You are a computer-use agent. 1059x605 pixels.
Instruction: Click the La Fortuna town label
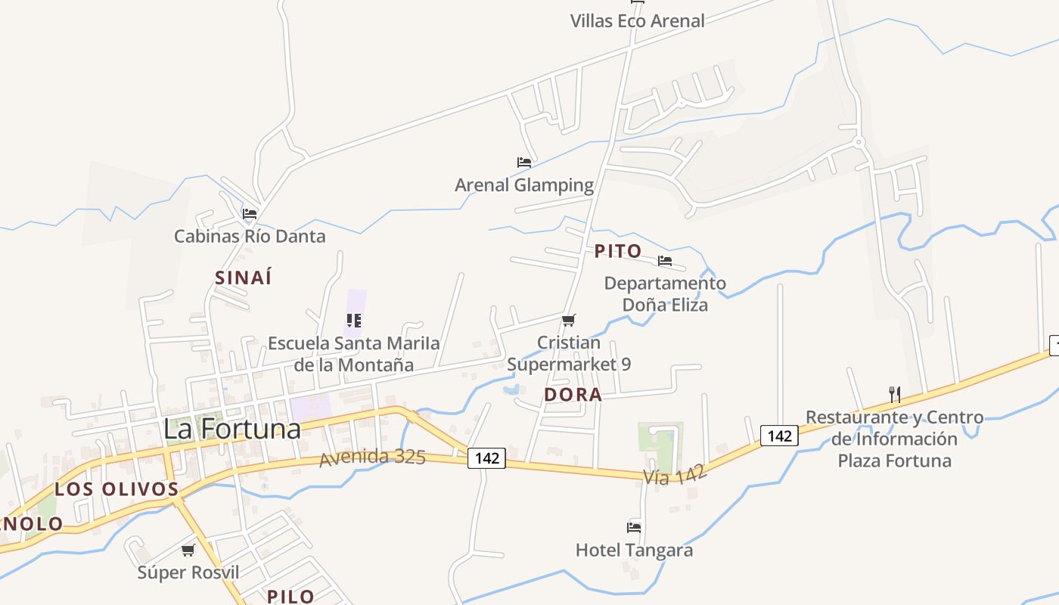click(232, 429)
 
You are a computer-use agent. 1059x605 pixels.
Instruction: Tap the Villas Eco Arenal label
click(637, 20)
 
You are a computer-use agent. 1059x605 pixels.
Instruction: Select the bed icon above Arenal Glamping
click(524, 162)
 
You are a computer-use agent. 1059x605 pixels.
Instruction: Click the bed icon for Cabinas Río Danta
click(250, 214)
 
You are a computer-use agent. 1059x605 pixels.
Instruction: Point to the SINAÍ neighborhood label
click(243, 278)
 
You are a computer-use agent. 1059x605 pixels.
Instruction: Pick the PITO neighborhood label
click(618, 251)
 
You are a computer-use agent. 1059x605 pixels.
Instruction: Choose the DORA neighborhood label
click(573, 394)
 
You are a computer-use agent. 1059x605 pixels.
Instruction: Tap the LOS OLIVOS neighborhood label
click(116, 489)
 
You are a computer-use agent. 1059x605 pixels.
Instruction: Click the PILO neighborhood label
click(290, 596)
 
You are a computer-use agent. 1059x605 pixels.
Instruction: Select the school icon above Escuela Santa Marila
click(354, 321)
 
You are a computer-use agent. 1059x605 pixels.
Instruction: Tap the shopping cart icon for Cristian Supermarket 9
click(569, 320)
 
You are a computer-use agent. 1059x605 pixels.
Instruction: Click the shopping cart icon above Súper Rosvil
click(188, 550)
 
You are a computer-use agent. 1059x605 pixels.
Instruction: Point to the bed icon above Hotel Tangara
click(634, 527)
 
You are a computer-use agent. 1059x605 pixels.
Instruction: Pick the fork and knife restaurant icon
click(894, 394)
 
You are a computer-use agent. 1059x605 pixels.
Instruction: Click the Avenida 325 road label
click(372, 458)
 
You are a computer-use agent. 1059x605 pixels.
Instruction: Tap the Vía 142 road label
click(675, 475)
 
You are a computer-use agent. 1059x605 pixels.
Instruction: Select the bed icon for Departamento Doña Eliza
click(665, 261)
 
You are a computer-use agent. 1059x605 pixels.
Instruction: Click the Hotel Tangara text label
click(634, 550)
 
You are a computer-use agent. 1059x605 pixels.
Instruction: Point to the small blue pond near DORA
click(511, 390)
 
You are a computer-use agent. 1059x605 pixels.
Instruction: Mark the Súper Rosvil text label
click(188, 572)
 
